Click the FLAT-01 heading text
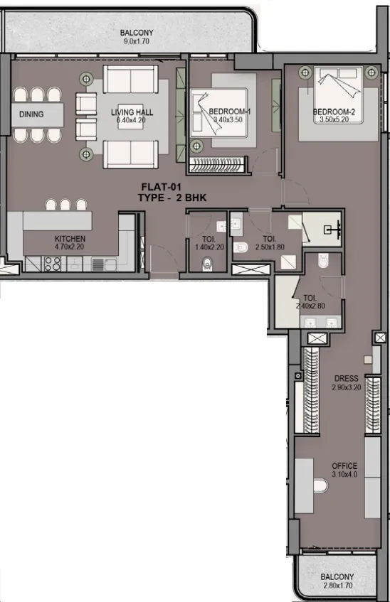[x=161, y=187]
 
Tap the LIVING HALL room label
[x=132, y=112]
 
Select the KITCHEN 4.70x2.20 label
[x=70, y=242]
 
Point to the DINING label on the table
[x=31, y=114]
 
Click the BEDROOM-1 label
[x=230, y=112]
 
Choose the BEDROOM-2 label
[x=334, y=112]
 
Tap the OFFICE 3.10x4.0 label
[x=344, y=470]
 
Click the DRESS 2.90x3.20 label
[x=346, y=383]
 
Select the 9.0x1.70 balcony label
[x=137, y=37]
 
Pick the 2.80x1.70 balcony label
[x=337, y=581]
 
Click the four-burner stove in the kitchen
[x=52, y=264]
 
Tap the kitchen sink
[x=104, y=264]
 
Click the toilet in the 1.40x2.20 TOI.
[x=207, y=263]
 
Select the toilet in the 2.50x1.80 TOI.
[x=241, y=247]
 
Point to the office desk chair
[x=320, y=485]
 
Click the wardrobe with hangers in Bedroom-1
[x=218, y=166]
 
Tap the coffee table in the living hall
[x=130, y=117]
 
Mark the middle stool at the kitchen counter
[x=65, y=204]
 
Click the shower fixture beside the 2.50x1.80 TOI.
[x=332, y=230]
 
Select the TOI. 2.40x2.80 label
[x=310, y=302]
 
